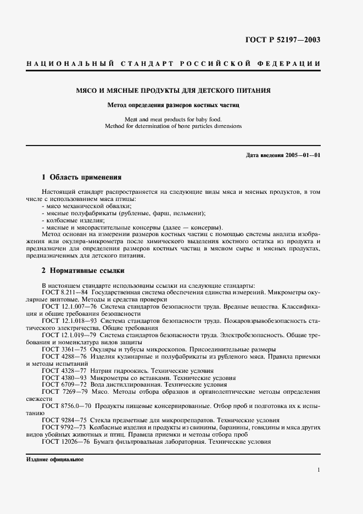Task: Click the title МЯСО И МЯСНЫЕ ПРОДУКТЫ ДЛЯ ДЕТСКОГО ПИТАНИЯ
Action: coord(181,90)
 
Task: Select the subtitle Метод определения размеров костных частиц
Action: coord(181,104)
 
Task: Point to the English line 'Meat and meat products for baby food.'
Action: coord(181,119)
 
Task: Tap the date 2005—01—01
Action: coord(300,155)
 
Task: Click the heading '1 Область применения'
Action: coord(81,178)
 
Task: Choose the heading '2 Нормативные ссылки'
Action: coord(83,271)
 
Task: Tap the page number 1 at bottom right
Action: coord(319,470)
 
